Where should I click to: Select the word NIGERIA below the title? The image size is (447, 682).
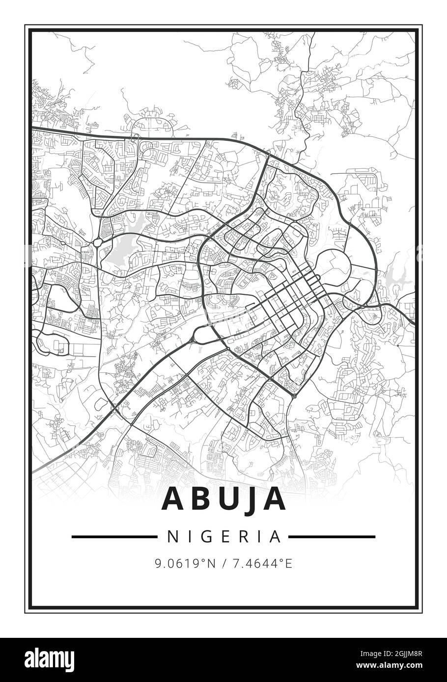pos(223,537)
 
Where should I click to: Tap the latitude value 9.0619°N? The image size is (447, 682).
pos(185,564)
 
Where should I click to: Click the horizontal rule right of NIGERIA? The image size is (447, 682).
pos(332,537)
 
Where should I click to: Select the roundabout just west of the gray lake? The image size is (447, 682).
pos(99,241)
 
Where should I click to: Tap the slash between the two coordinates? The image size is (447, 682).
pos(224,564)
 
